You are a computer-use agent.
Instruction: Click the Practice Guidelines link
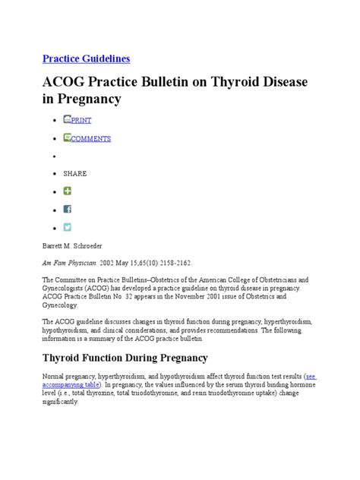[x=86, y=58]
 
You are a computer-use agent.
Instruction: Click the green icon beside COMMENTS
[x=68, y=138]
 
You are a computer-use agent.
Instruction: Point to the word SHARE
[x=75, y=173]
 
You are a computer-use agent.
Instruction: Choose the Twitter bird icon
[x=68, y=226]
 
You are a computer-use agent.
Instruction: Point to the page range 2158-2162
[x=175, y=263]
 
